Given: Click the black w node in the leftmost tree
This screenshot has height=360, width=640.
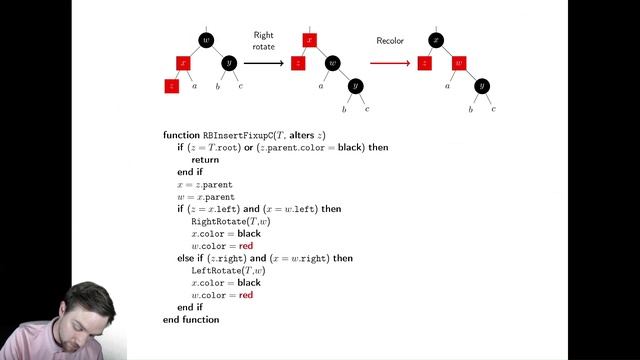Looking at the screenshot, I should point(206,40).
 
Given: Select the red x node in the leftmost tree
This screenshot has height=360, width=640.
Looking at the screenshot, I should point(183,62).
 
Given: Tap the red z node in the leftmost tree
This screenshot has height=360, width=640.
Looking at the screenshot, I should point(172,86).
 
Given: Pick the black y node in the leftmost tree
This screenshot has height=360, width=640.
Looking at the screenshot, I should point(229,63).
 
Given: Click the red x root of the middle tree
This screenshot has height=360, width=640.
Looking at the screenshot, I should point(310,40).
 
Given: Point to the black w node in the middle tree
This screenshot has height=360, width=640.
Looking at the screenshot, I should point(333,63).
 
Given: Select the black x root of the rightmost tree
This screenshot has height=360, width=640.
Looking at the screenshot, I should point(436,40).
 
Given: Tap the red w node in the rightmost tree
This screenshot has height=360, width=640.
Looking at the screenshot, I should point(459,63).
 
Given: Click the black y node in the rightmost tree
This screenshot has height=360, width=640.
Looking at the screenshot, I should point(481,86).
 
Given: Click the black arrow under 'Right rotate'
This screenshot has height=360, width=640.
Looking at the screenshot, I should point(264,63).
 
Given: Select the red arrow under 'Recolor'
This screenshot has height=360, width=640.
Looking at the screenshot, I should point(390,63).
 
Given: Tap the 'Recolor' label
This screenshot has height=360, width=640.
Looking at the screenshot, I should point(390,41).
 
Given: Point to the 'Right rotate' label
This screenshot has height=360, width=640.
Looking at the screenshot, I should point(263,41).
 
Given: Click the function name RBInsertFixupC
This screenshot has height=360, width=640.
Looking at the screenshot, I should point(236,135).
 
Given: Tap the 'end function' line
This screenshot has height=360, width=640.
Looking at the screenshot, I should point(191,319).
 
